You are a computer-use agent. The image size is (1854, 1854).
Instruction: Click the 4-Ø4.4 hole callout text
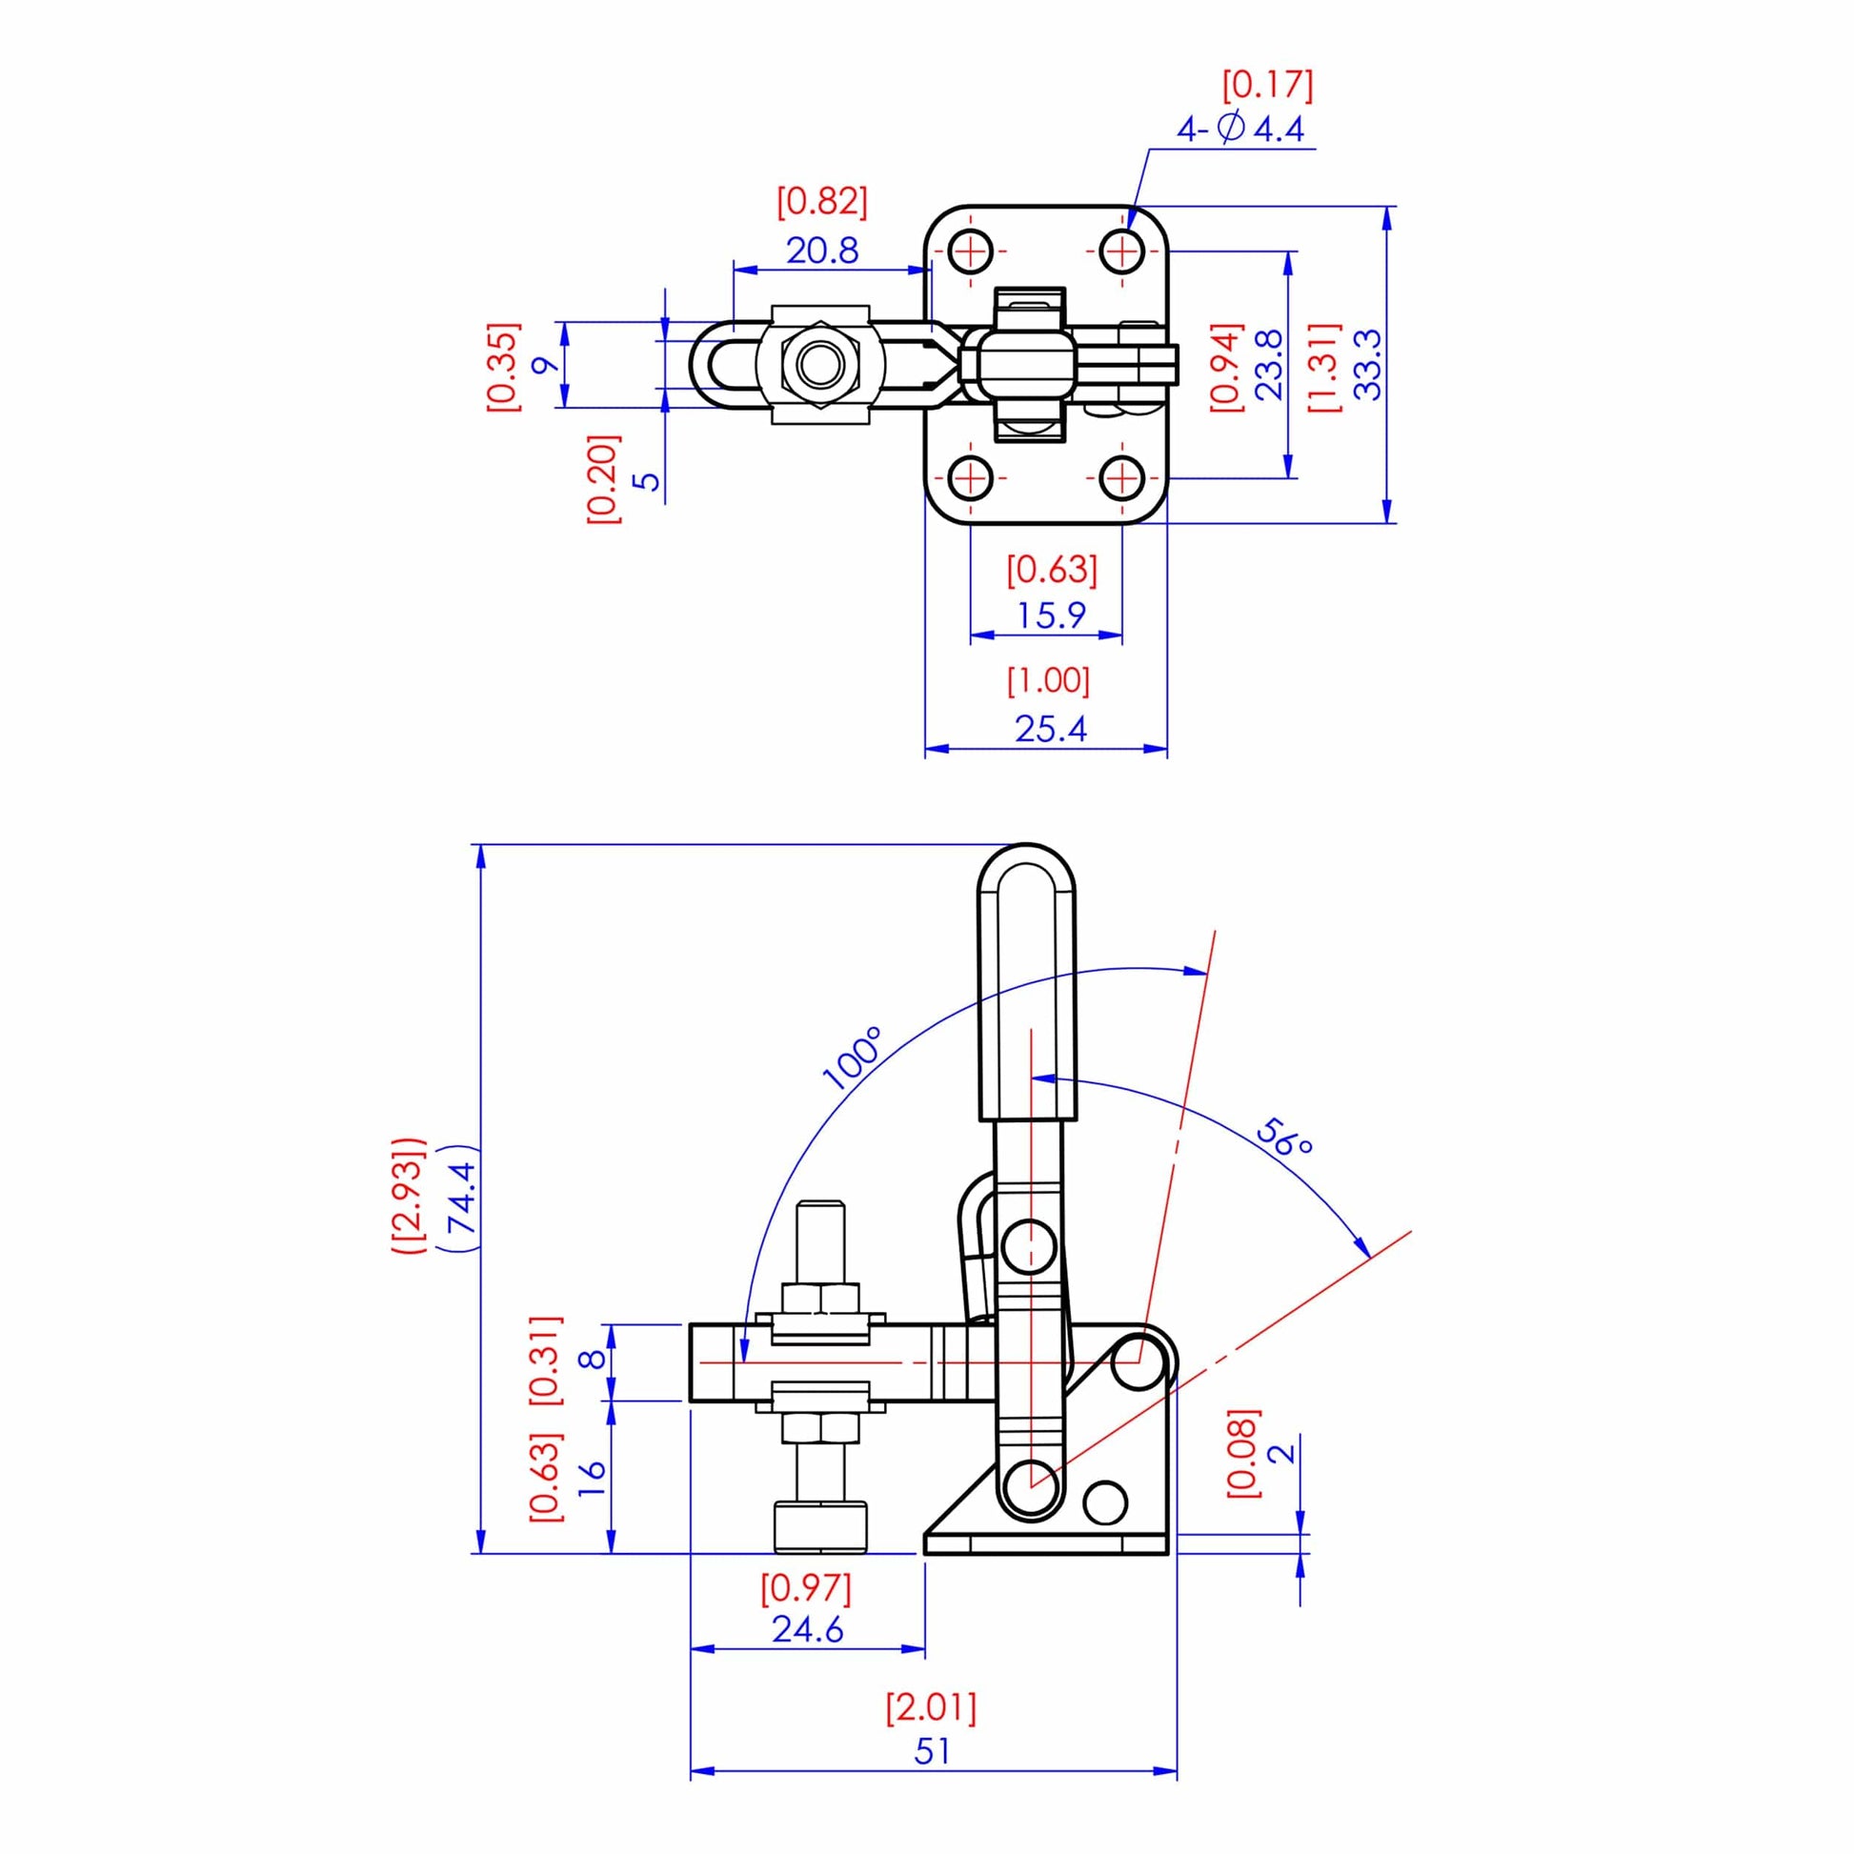(1240, 129)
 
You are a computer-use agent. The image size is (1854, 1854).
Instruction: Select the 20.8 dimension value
(822, 252)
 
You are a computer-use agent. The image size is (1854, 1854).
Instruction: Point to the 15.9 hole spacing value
(1051, 615)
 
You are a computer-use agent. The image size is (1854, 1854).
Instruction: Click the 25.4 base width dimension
(1051, 730)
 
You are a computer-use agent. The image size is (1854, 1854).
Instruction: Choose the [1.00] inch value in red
(1049, 680)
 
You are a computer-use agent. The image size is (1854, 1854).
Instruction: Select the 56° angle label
(1284, 1138)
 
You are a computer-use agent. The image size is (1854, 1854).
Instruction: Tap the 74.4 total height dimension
(461, 1198)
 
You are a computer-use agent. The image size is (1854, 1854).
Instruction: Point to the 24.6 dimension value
(807, 1628)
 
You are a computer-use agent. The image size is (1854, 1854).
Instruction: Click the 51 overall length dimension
(932, 1752)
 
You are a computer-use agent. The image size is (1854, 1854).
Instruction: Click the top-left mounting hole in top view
(971, 252)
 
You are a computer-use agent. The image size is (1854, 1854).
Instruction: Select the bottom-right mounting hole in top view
(1120, 477)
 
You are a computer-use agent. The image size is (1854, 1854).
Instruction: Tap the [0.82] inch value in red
(821, 203)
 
